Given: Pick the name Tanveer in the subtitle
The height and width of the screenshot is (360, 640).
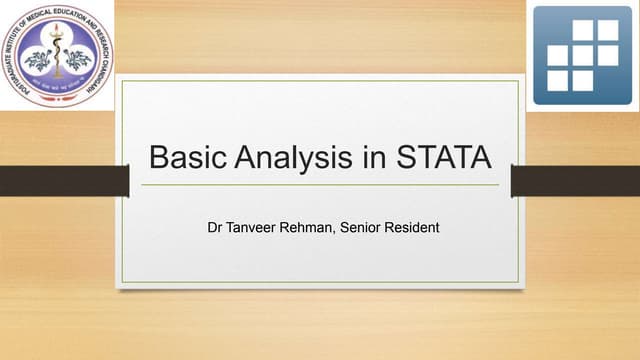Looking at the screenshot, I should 255,227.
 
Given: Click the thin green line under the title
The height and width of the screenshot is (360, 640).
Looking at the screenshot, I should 320,185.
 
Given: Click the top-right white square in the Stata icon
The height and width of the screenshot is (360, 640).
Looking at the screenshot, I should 608,30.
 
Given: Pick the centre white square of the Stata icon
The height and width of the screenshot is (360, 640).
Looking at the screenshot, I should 583,54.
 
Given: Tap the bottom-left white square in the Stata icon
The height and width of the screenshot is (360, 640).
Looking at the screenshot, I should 558,79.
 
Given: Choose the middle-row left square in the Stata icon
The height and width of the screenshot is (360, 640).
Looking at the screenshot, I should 558,54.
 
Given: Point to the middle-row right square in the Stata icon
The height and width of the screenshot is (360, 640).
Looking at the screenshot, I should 608,54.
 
